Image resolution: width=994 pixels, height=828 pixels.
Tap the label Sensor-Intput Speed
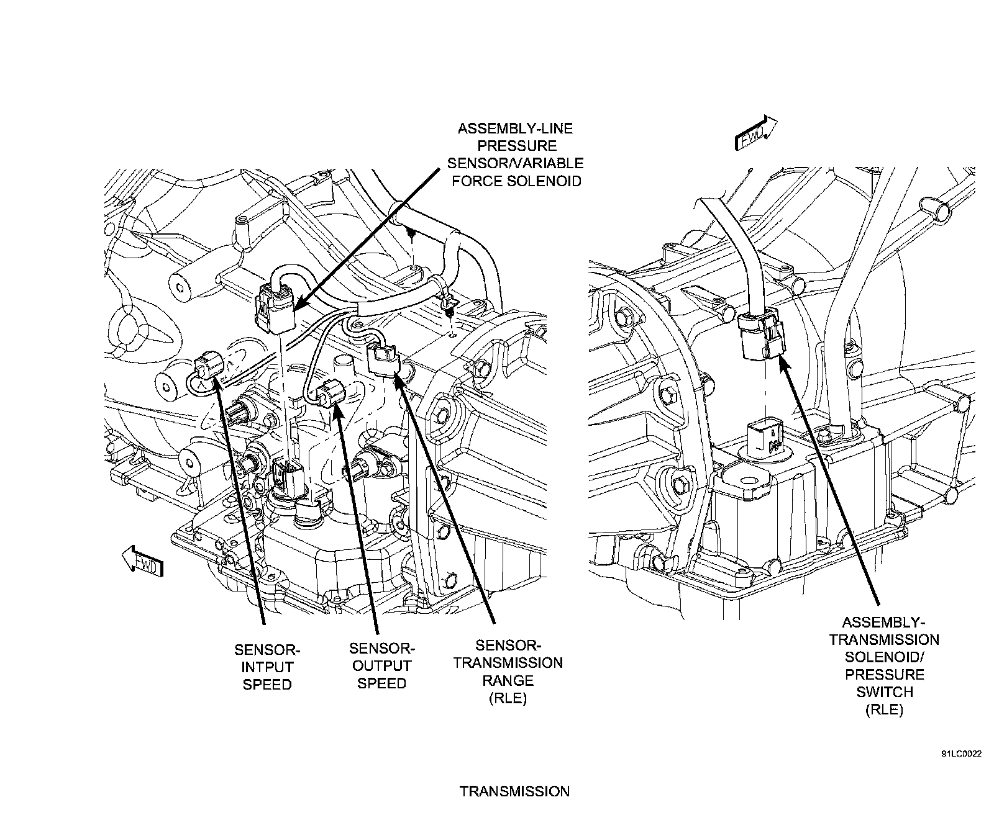267,667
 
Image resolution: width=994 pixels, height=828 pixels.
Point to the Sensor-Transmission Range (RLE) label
508,672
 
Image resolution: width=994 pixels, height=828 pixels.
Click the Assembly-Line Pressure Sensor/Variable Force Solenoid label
515,155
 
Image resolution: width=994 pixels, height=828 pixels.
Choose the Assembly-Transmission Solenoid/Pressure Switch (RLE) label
884,666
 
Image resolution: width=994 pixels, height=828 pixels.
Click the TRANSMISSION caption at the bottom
514,791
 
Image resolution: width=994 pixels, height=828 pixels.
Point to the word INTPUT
267,667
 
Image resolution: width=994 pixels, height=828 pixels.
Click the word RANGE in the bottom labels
508,680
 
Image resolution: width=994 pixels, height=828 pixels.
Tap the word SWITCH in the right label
884,692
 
